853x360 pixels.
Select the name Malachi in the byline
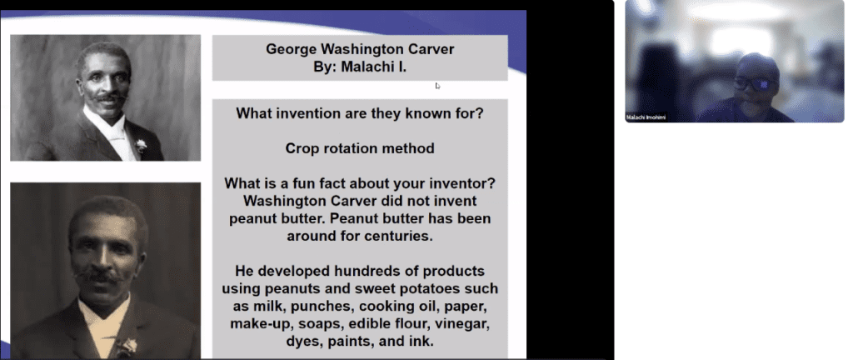coord(367,65)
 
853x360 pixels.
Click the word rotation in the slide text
coord(359,148)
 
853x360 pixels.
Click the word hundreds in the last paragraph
coord(367,272)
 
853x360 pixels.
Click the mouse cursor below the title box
coord(437,85)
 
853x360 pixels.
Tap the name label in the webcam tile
coord(646,117)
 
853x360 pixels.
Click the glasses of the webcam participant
coord(752,83)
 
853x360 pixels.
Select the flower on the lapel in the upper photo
coord(141,145)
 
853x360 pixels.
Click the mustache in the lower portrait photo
coord(98,274)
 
